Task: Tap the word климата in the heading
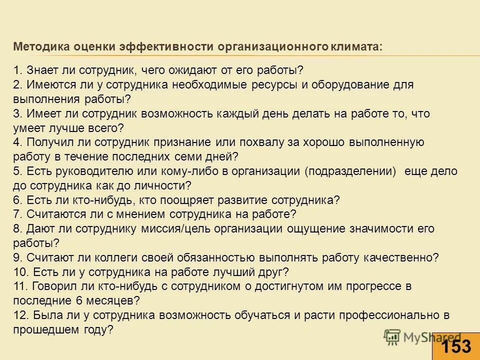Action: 355,47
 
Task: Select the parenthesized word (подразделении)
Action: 350,171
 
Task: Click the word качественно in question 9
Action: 405,258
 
